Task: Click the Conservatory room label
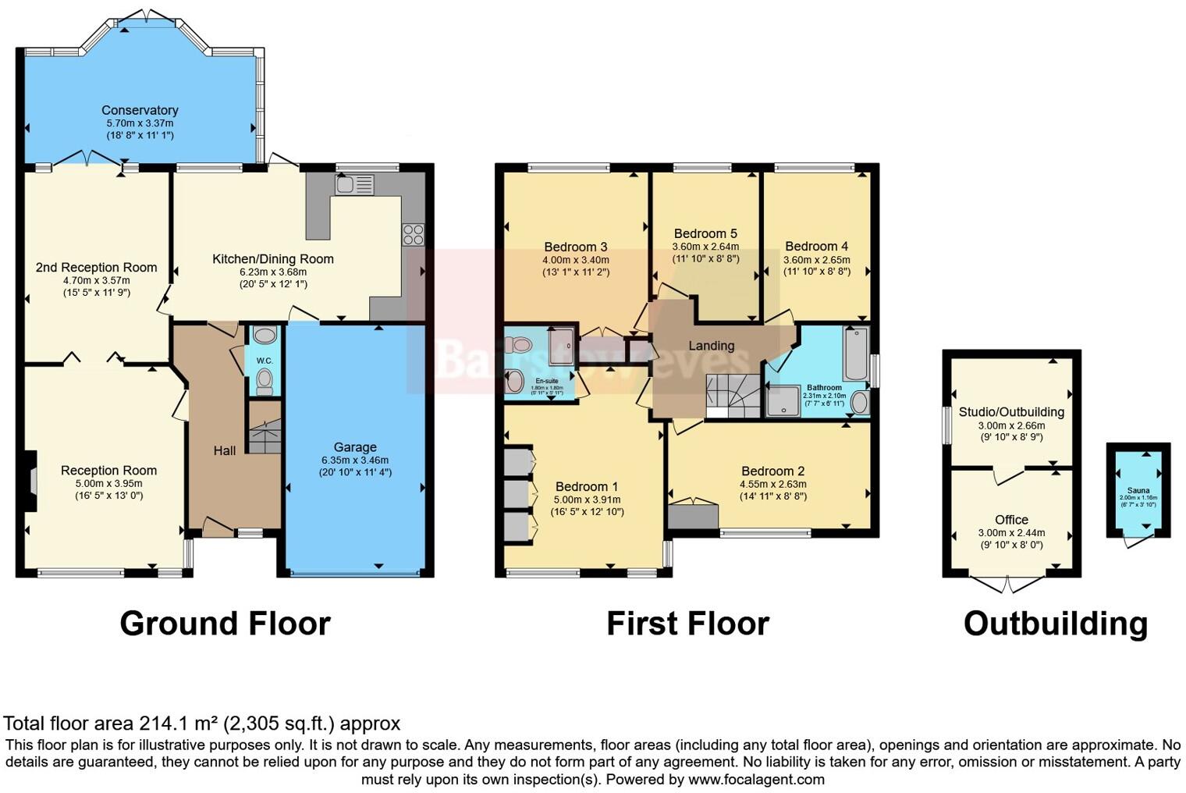click(140, 110)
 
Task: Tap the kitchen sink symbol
click(354, 184)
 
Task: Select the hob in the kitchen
click(413, 234)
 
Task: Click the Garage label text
click(355, 447)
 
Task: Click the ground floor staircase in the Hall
click(265, 436)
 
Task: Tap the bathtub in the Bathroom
click(854, 354)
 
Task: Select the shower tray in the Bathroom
click(780, 402)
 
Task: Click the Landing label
click(711, 345)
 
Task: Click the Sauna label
click(1138, 490)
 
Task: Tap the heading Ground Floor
click(225, 624)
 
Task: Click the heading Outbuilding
click(1055, 624)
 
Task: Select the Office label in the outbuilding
click(1011, 520)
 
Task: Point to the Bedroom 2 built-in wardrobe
click(693, 516)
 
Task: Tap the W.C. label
click(265, 361)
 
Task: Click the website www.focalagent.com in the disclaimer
click(755, 779)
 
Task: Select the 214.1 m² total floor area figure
click(179, 724)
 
